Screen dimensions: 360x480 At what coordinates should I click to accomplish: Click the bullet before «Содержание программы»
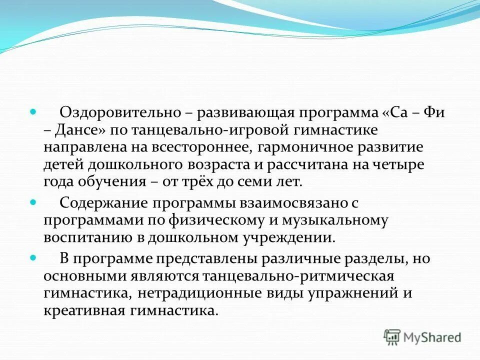(33, 202)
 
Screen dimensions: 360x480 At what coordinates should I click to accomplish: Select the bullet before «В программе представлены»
(33, 258)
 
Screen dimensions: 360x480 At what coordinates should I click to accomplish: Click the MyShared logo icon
(392, 336)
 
